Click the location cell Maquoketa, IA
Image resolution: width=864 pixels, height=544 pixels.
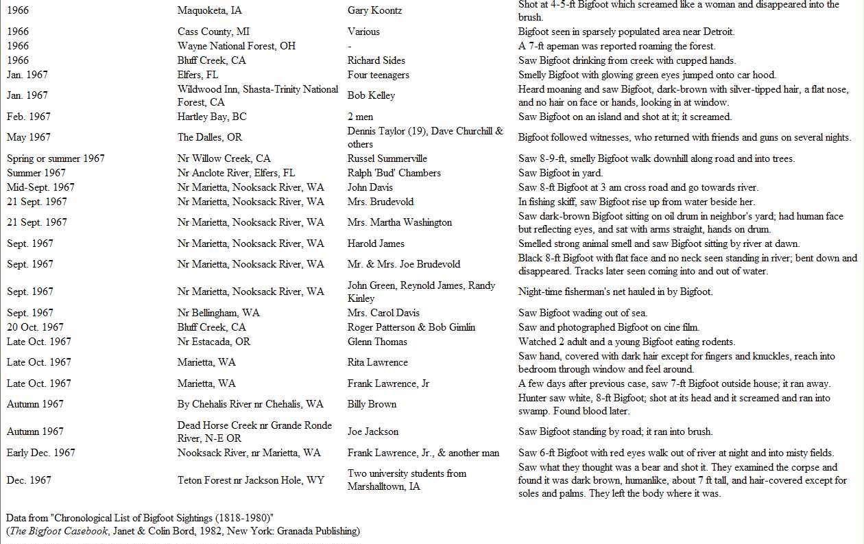click(209, 11)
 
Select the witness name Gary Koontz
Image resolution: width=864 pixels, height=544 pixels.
click(374, 11)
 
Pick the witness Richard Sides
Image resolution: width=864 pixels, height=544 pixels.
click(376, 60)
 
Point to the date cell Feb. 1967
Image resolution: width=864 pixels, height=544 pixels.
click(29, 117)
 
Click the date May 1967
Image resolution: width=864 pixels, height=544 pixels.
click(28, 137)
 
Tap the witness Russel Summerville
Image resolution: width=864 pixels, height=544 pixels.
click(387, 158)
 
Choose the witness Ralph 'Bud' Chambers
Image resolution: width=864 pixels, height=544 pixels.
click(394, 173)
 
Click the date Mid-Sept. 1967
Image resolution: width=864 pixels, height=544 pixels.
click(41, 187)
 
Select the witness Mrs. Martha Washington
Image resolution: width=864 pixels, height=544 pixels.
click(400, 222)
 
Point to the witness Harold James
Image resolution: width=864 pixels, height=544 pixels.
click(376, 244)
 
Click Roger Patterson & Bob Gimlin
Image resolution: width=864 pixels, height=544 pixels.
click(411, 327)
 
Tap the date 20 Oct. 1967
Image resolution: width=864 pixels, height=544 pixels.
click(35, 327)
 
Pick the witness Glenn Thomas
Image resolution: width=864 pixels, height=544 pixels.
click(377, 342)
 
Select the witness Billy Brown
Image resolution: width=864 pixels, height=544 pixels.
click(372, 404)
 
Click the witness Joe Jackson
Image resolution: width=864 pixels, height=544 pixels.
click(373, 431)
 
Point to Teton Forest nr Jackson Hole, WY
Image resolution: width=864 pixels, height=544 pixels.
click(251, 480)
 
